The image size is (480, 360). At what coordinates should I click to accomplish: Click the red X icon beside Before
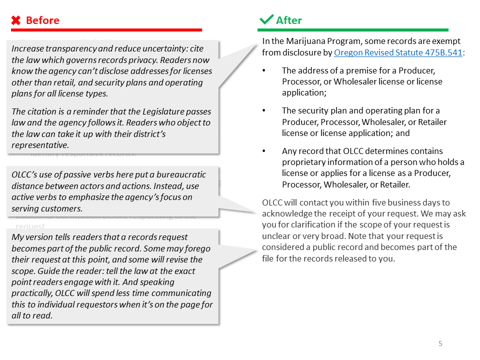[16, 20]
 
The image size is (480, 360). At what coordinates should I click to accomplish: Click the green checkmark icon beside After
[266, 20]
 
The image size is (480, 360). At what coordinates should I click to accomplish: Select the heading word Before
[42, 20]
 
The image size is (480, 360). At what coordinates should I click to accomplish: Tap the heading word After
[289, 20]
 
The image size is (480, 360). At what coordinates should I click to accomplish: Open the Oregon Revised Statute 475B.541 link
[398, 52]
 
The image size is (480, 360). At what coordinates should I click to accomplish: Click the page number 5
[440, 343]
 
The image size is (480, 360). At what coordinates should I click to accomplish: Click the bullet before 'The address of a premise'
[264, 71]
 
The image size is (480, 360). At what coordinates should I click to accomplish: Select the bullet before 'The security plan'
[264, 111]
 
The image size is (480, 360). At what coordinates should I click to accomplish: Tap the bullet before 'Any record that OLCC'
[264, 151]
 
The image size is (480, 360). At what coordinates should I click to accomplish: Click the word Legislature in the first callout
[149, 111]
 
